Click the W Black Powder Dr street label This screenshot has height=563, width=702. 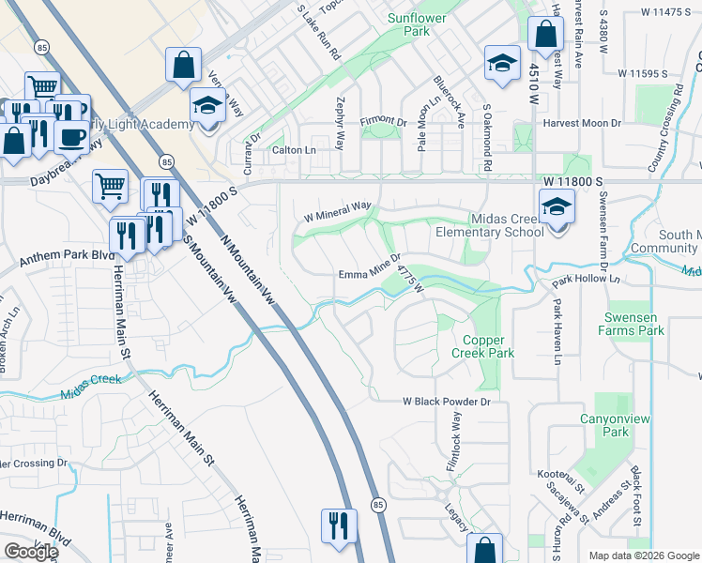(447, 401)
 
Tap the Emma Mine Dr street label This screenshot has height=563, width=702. (370, 273)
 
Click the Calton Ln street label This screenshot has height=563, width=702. (294, 150)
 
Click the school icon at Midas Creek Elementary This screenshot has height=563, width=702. (557, 205)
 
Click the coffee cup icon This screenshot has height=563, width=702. (71, 137)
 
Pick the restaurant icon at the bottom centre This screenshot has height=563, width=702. (339, 525)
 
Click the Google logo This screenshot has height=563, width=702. (30, 552)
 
